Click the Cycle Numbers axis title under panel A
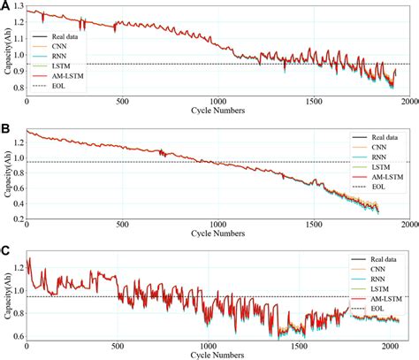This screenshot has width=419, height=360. (x=219, y=115)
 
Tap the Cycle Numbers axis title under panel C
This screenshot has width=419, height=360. (x=219, y=356)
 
